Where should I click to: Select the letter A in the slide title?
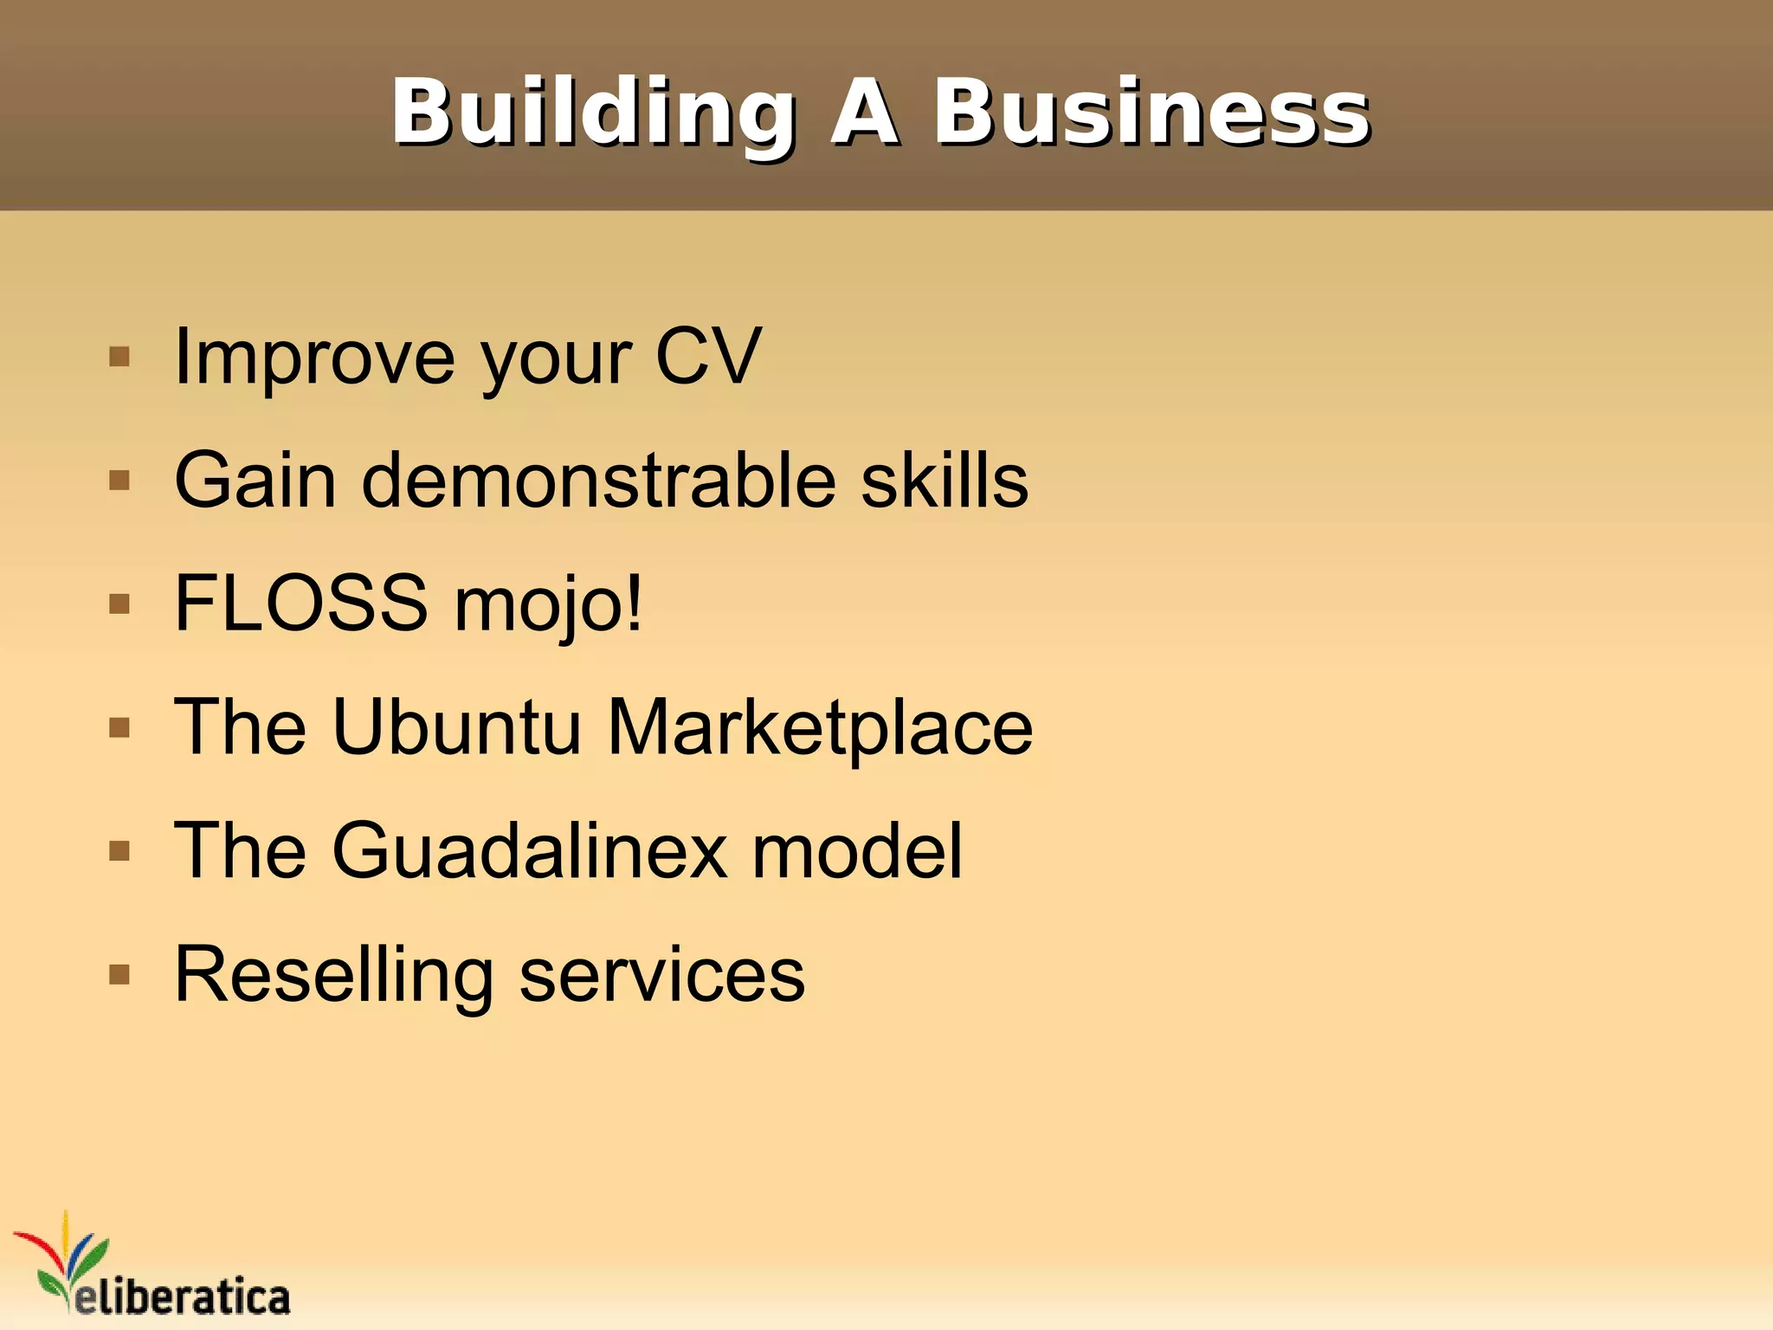point(863,113)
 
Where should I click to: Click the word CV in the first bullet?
point(707,357)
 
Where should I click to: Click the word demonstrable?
point(597,481)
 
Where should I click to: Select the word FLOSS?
point(300,604)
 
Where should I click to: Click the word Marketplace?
point(819,729)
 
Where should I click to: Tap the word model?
point(856,851)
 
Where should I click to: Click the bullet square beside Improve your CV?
point(119,357)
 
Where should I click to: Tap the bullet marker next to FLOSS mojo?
point(119,604)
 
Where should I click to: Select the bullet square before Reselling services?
point(119,975)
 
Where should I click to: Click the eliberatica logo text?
point(182,1296)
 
